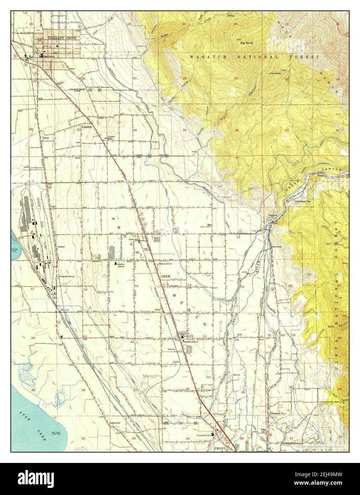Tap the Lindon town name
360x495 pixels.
(x=87, y=126)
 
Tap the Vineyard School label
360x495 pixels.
(x=66, y=276)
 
